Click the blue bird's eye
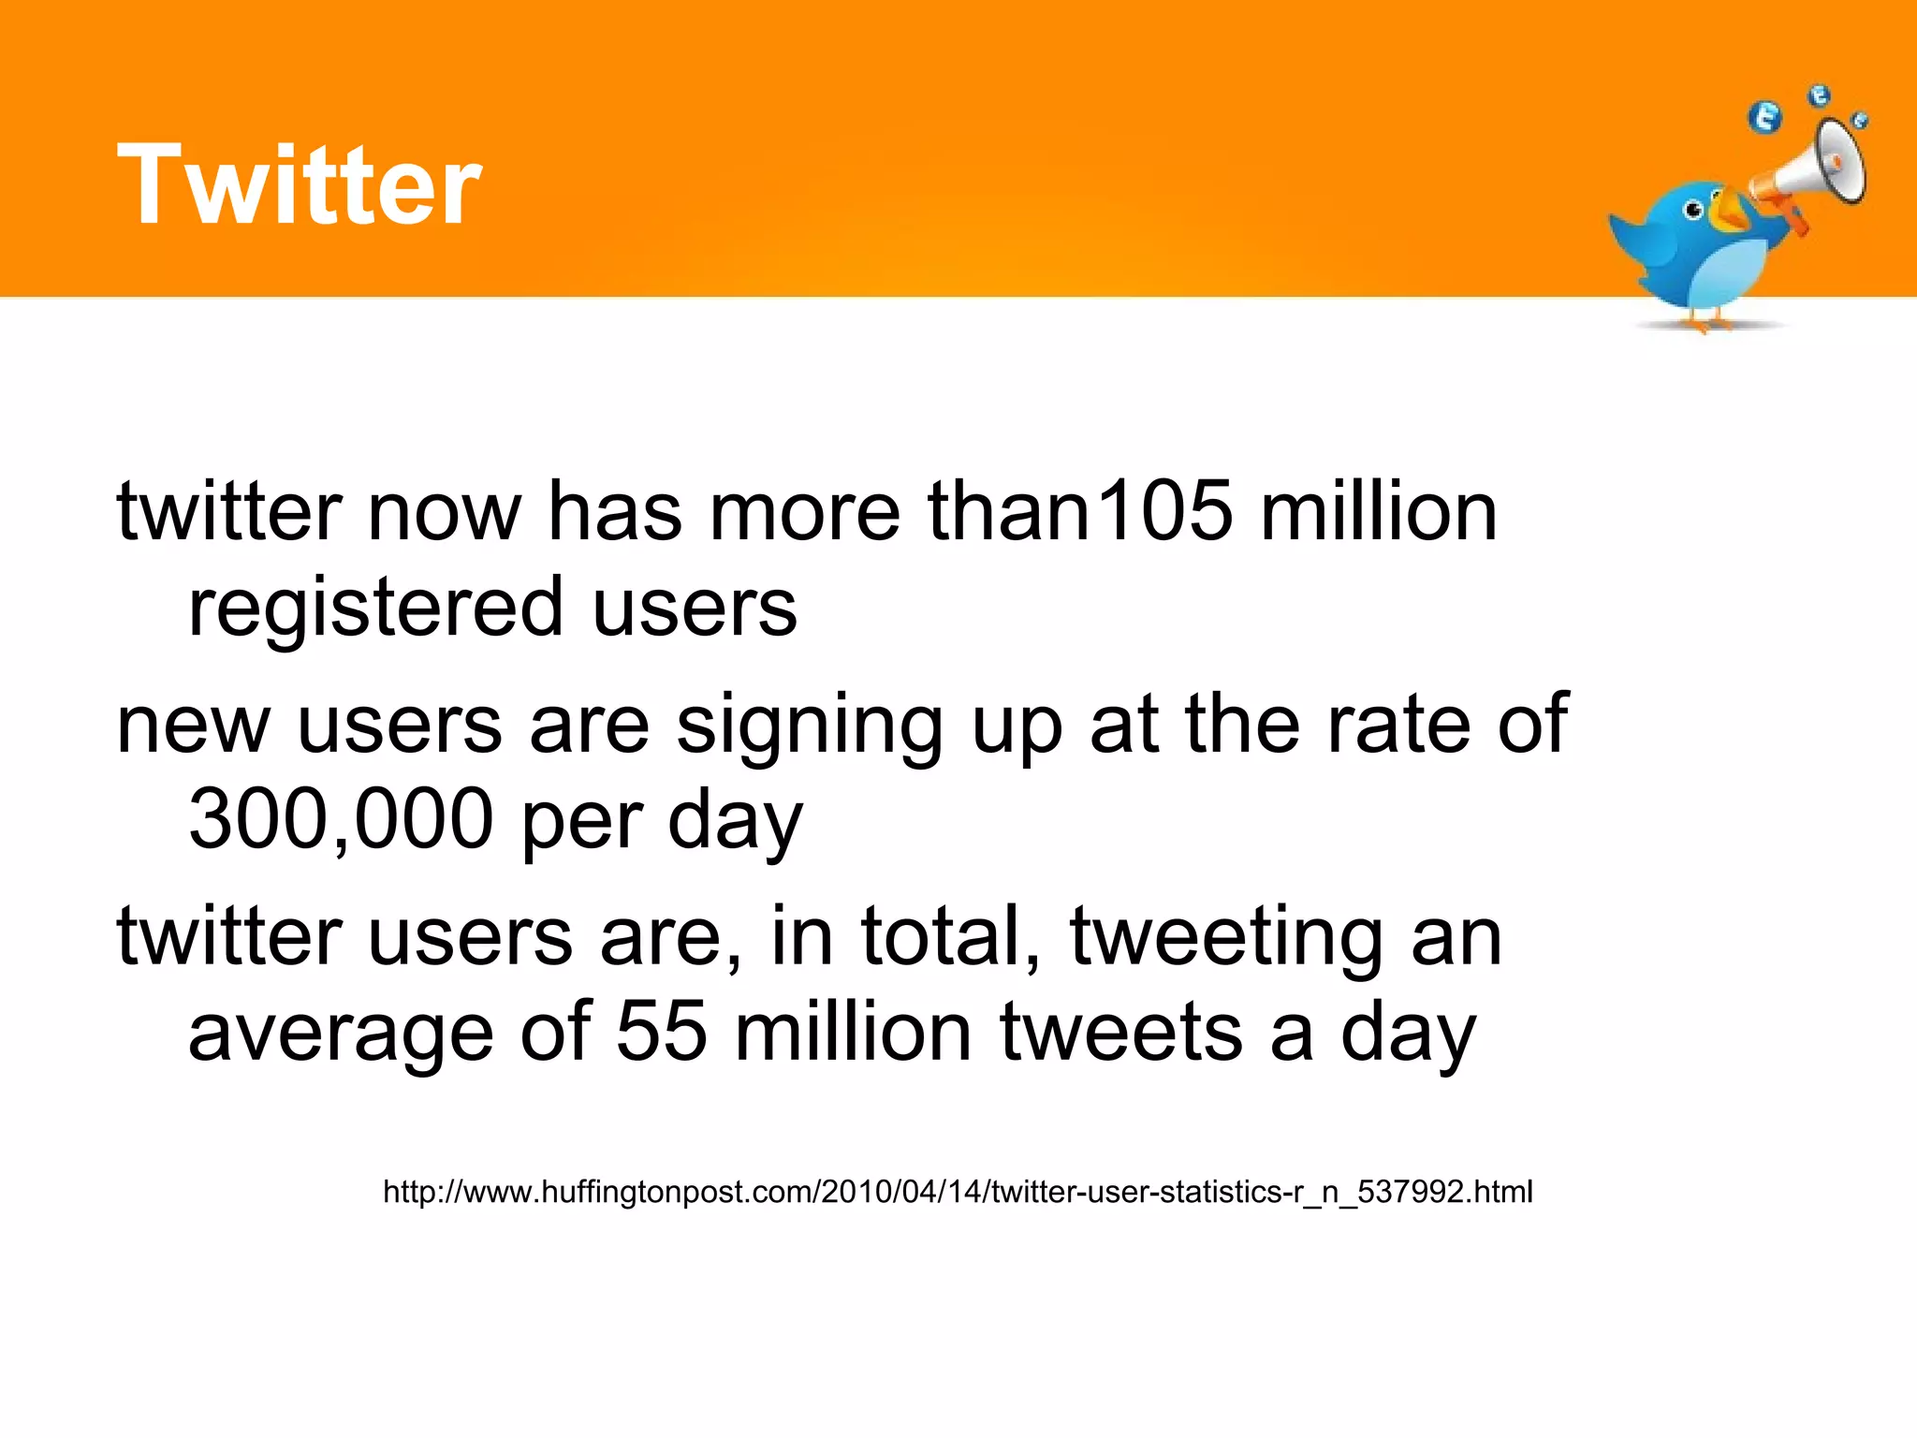1694,211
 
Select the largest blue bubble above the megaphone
1765,118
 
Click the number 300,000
341,819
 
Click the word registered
375,608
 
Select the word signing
810,726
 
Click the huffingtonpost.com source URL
958,1192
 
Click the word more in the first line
805,512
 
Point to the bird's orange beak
1728,212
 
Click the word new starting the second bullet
193,726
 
